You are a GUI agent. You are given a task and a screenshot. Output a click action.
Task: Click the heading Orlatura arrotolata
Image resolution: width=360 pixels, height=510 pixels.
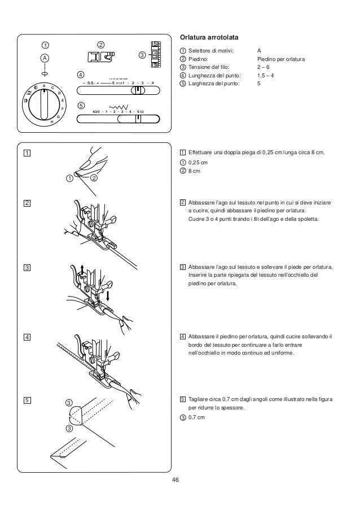pos(208,38)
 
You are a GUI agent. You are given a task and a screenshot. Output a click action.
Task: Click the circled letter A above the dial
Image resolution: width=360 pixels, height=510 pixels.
pos(44,58)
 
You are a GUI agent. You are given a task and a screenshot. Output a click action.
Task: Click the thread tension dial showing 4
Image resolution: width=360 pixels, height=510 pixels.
pos(155,55)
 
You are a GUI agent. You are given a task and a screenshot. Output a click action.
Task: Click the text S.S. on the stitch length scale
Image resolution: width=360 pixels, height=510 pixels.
pos(90,83)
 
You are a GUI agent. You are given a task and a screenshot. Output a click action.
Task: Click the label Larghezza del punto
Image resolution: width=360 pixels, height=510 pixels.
pos(213,83)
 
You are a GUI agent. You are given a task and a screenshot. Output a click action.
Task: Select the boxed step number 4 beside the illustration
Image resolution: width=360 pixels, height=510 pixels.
pos(27,337)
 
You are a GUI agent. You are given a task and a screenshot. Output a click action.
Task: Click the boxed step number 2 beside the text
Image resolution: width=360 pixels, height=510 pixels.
pos(183,202)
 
